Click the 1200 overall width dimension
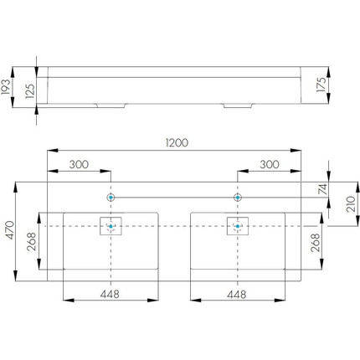177,142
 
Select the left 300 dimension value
79,164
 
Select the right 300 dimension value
270,164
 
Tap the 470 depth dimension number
10,230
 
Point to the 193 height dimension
6,87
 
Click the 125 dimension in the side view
30,91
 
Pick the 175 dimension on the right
321,85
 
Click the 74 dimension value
322,189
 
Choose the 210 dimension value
351,204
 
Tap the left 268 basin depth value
32,241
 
